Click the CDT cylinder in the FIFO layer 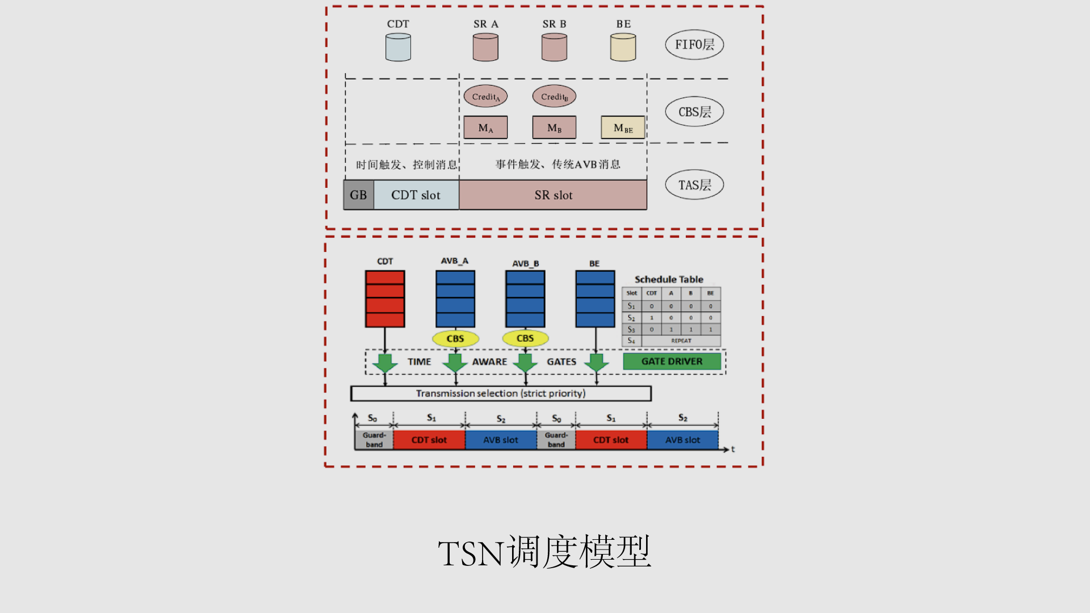click(398, 47)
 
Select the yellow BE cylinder click(623, 47)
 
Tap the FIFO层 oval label click(694, 45)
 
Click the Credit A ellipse click(485, 96)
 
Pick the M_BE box click(623, 128)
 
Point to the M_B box click(554, 128)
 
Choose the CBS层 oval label click(694, 112)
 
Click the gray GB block click(358, 195)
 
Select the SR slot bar click(553, 195)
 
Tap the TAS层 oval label click(694, 185)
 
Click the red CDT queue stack click(385, 299)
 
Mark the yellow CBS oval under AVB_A click(455, 339)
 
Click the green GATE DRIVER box click(672, 362)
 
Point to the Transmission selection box click(501, 393)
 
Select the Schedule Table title click(669, 279)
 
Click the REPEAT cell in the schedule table click(681, 341)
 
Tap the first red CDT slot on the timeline click(429, 440)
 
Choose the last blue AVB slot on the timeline click(682, 440)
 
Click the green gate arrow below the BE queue click(596, 363)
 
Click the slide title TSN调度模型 click(544, 552)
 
